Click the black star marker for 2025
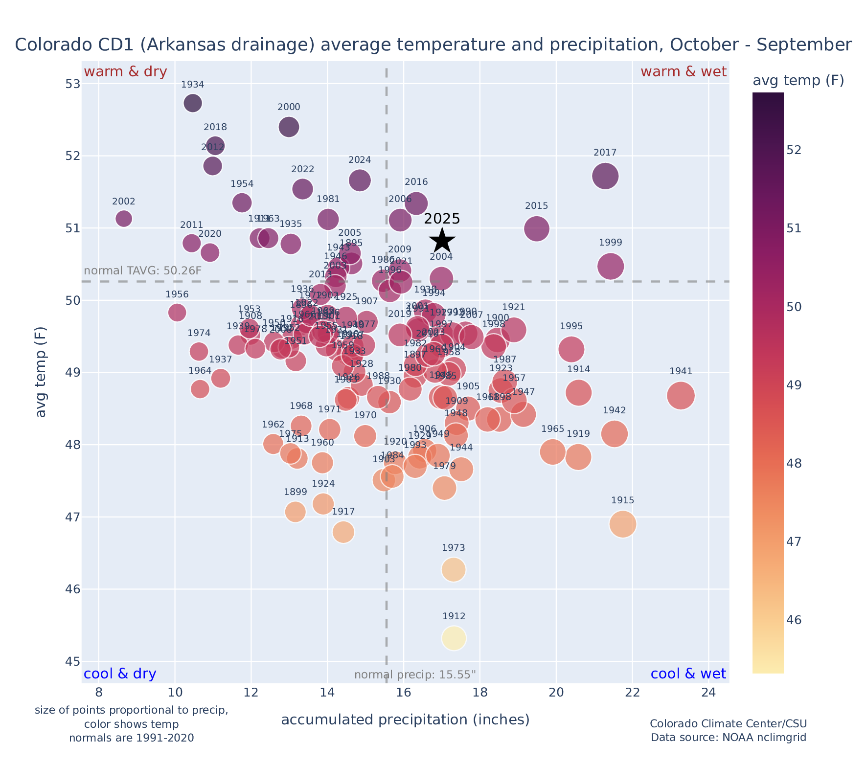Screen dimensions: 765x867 [442, 240]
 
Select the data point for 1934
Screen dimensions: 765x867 [193, 103]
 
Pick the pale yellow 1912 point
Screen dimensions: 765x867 [454, 638]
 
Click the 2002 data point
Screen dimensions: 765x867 [124, 218]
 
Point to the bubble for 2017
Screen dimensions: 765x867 [605, 176]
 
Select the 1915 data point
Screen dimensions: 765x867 [623, 524]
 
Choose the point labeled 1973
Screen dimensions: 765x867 [454, 569]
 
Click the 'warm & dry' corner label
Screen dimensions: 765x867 [125, 72]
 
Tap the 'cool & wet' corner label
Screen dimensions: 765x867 [688, 674]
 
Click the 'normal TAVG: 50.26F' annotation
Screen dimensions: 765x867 [143, 271]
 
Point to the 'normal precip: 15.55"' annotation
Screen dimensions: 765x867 [415, 675]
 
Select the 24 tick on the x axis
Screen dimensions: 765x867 [708, 693]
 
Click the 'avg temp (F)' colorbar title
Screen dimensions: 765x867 [798, 81]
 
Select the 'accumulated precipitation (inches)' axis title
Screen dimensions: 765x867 [405, 720]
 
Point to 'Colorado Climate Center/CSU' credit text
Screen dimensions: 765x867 [728, 724]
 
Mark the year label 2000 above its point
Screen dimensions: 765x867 [289, 108]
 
